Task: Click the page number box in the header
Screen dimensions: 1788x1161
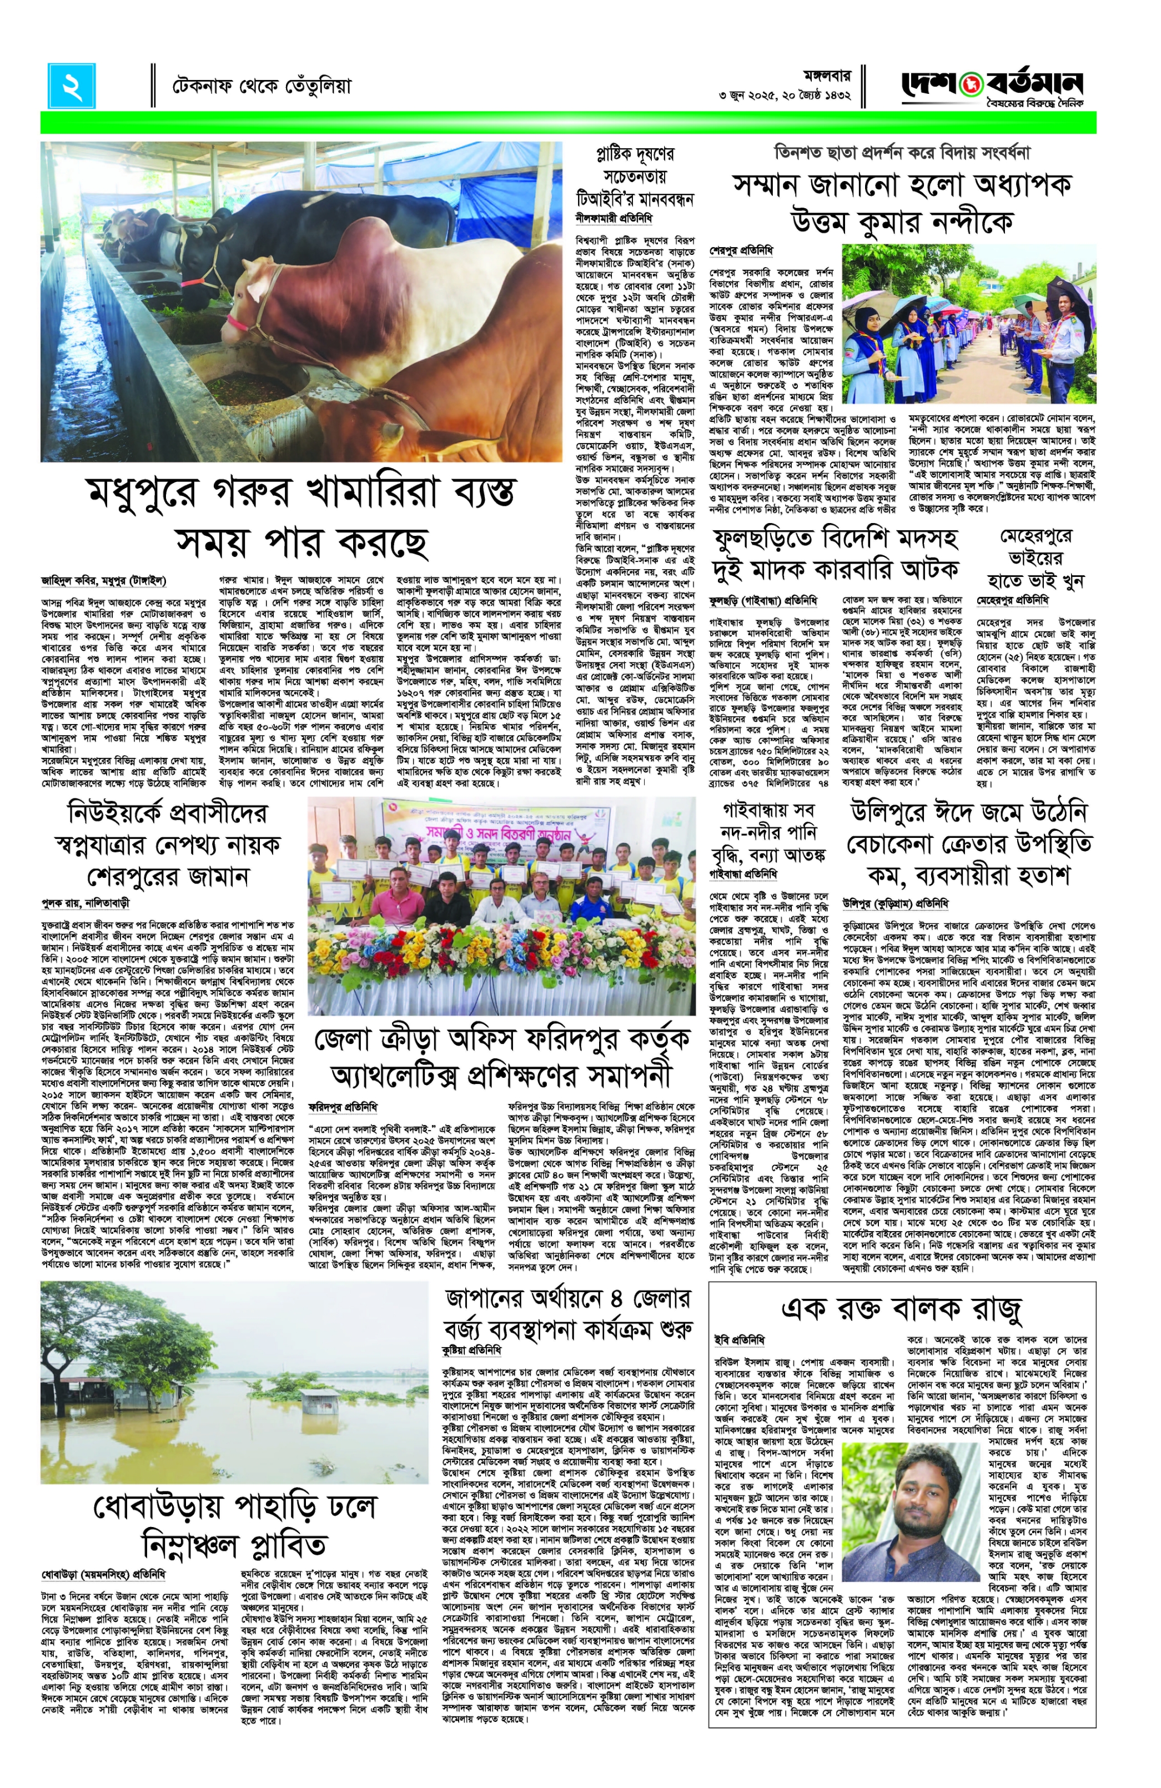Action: [x=72, y=86]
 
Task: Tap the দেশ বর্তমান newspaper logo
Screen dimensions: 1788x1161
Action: [x=992, y=86]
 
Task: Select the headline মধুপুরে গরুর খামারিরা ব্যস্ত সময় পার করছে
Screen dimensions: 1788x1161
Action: [x=301, y=516]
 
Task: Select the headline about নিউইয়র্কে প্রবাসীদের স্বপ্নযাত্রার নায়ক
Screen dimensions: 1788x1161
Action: [x=167, y=843]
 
